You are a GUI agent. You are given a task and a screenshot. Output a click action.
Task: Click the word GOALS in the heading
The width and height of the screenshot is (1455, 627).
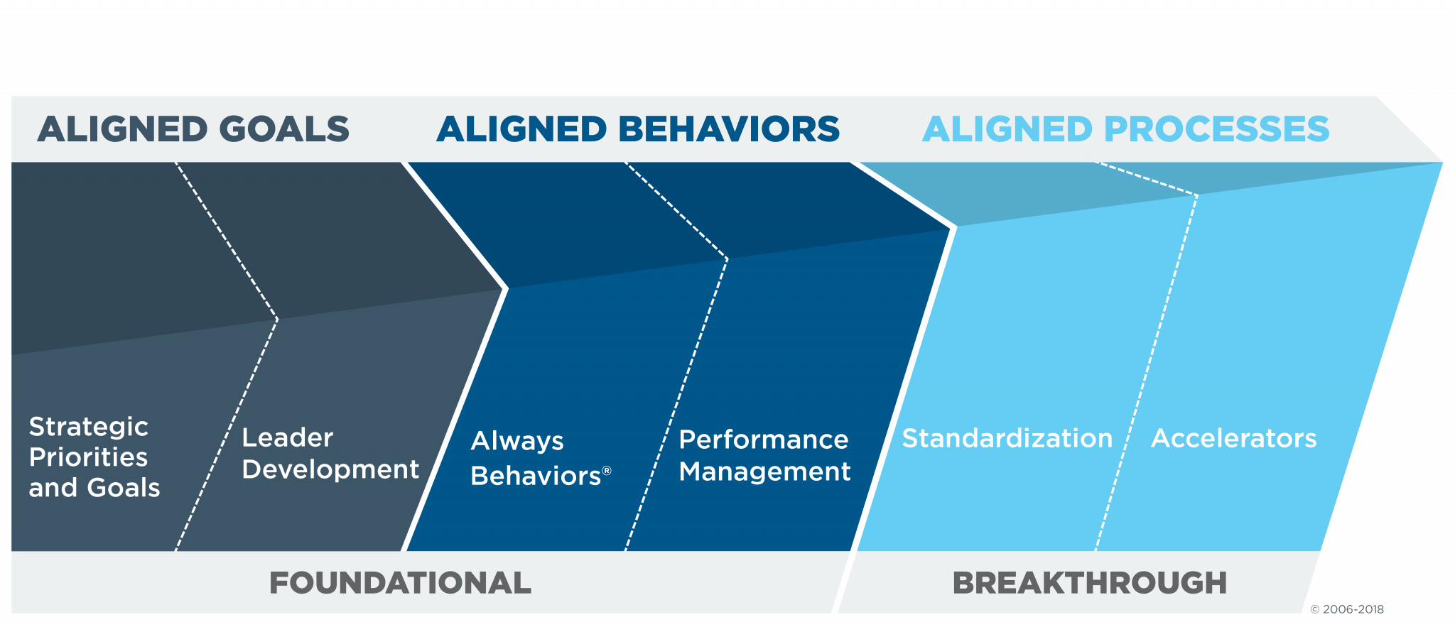click(284, 129)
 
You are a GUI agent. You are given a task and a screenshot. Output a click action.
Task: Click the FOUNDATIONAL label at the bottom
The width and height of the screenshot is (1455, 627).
click(400, 583)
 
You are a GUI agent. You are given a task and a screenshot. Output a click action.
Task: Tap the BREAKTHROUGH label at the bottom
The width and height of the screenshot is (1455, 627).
click(1090, 583)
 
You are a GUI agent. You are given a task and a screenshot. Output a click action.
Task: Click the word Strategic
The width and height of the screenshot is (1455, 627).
click(89, 427)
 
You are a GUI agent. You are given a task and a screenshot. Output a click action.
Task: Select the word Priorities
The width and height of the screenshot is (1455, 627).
click(89, 457)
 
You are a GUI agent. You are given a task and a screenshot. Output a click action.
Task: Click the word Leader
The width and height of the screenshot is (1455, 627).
click(288, 438)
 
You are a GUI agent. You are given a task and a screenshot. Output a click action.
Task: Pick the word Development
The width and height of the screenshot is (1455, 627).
click(331, 470)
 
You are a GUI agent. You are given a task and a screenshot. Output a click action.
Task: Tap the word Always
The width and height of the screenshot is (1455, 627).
click(517, 442)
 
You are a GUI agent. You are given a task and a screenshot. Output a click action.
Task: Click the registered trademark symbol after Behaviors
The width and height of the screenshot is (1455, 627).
click(607, 471)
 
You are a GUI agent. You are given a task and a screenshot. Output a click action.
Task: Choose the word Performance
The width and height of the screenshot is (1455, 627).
click(764, 440)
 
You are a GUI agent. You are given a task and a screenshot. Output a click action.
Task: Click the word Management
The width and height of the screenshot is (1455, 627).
click(764, 472)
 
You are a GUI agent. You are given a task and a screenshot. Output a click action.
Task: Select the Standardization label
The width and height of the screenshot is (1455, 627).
click(1007, 439)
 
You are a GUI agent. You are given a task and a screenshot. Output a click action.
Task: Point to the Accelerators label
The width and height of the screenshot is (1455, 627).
click(1234, 439)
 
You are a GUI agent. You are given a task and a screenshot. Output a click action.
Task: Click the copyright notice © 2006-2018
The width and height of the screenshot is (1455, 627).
click(1347, 609)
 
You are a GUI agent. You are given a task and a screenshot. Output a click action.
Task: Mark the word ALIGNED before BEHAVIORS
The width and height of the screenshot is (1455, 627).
click(522, 129)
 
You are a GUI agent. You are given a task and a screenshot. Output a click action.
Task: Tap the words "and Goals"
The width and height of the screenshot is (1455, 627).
click(94, 488)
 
